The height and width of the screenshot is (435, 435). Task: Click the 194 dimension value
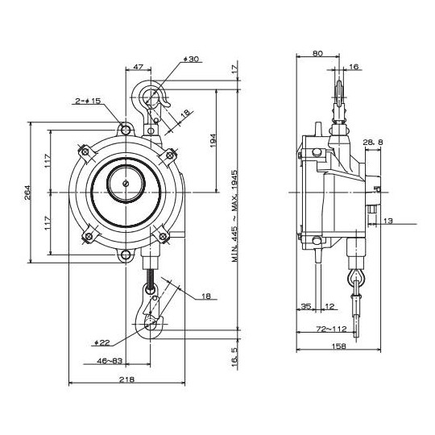213,141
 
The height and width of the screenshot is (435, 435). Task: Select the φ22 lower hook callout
103,341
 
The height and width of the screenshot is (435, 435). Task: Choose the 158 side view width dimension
338,347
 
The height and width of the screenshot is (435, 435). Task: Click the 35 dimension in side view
305,306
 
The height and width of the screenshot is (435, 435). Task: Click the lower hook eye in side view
356,280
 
